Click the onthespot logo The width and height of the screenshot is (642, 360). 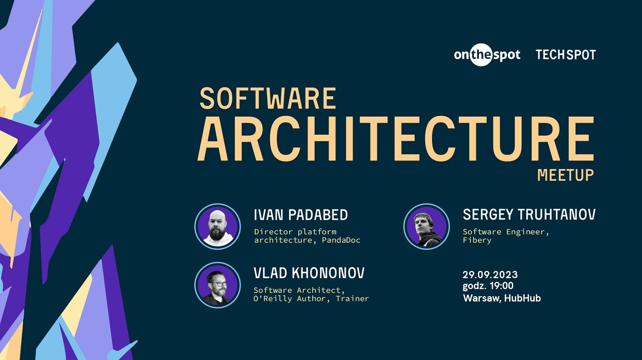(x=487, y=55)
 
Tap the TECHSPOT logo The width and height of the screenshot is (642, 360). (x=566, y=55)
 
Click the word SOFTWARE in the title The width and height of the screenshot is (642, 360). (x=267, y=98)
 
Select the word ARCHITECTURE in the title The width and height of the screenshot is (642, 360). (x=396, y=139)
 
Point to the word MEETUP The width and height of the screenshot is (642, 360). (x=566, y=175)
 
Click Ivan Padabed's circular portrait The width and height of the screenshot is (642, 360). (x=217, y=226)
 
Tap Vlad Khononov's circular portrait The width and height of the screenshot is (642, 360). (x=217, y=285)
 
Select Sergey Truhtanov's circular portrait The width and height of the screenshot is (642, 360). (x=426, y=226)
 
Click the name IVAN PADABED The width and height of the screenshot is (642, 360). (x=301, y=215)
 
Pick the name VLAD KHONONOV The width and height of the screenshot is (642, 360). (x=309, y=273)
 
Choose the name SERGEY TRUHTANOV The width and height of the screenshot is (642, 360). (x=529, y=214)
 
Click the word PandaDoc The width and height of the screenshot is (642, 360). (x=341, y=240)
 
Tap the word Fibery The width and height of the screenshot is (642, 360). (x=477, y=240)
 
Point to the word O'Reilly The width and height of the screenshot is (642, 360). (x=272, y=299)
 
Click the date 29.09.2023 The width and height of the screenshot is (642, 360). (x=490, y=275)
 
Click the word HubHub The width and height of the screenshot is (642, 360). (x=522, y=298)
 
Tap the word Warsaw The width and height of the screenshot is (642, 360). (x=482, y=298)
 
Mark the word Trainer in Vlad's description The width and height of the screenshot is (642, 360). (x=352, y=299)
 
